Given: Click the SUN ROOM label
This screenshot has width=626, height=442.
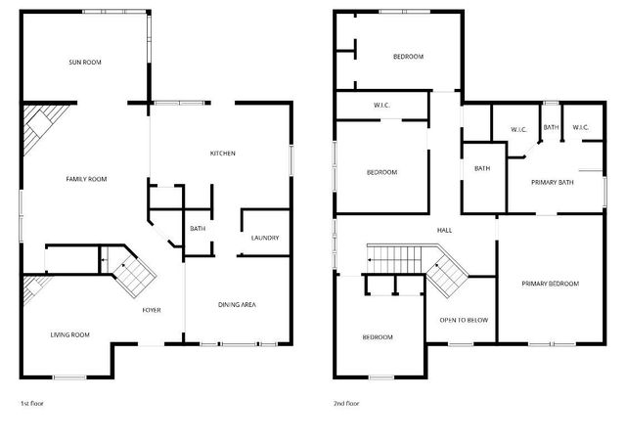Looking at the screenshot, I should pyautogui.click(x=85, y=63).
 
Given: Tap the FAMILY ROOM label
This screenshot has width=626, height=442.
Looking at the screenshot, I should pyautogui.click(x=86, y=179).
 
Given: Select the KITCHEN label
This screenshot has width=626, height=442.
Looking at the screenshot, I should pyautogui.click(x=223, y=154).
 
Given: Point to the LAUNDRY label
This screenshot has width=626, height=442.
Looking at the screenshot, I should pyautogui.click(x=265, y=238).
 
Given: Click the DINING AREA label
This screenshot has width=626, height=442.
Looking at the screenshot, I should pyautogui.click(x=236, y=305).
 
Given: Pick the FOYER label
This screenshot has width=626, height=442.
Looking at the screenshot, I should pyautogui.click(x=152, y=310).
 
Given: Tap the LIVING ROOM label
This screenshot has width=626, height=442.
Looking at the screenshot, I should pyautogui.click(x=70, y=335).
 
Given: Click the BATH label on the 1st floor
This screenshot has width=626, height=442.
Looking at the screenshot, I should pyautogui.click(x=198, y=229).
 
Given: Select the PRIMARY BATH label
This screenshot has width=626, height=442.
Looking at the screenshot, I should pyautogui.click(x=552, y=183).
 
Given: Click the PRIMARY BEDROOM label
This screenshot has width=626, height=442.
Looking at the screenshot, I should pyautogui.click(x=550, y=284).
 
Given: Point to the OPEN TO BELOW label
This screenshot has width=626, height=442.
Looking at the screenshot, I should pyautogui.click(x=464, y=320).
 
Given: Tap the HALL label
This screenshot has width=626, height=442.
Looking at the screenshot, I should pyautogui.click(x=444, y=230).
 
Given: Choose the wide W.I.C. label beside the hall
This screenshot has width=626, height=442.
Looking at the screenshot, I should pyautogui.click(x=382, y=106).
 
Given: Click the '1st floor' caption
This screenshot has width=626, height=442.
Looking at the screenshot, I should pyautogui.click(x=32, y=403).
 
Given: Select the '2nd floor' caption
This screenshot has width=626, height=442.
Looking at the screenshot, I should pyautogui.click(x=347, y=403).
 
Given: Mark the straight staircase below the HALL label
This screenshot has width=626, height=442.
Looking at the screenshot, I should pyautogui.click(x=395, y=260).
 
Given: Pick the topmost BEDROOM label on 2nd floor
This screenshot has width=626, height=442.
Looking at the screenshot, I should pyautogui.click(x=408, y=57).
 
